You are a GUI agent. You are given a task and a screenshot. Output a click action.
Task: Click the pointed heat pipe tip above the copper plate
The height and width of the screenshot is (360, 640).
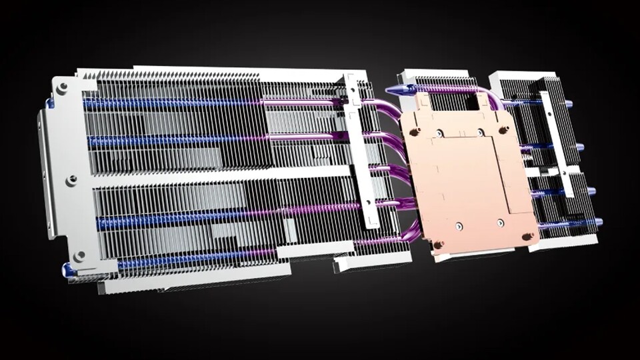pyautogui.click(x=391, y=89)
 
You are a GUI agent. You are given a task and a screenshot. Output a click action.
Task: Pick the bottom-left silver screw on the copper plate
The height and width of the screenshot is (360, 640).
pyautogui.click(x=459, y=226)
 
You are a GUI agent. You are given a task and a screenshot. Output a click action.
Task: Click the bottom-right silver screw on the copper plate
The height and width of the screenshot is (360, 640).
pyautogui.click(x=500, y=222)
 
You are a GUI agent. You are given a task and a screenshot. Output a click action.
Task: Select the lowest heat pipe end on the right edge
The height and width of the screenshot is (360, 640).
pyautogui.click(x=598, y=221)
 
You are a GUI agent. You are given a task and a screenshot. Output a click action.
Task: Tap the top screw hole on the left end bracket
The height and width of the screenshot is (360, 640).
pyautogui.click(x=61, y=88)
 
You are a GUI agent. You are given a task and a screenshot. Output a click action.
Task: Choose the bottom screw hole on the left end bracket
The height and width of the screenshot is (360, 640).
pyautogui.click(x=79, y=255)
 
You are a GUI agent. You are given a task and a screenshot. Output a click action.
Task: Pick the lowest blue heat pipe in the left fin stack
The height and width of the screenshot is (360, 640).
pyautogui.click(x=193, y=259)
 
